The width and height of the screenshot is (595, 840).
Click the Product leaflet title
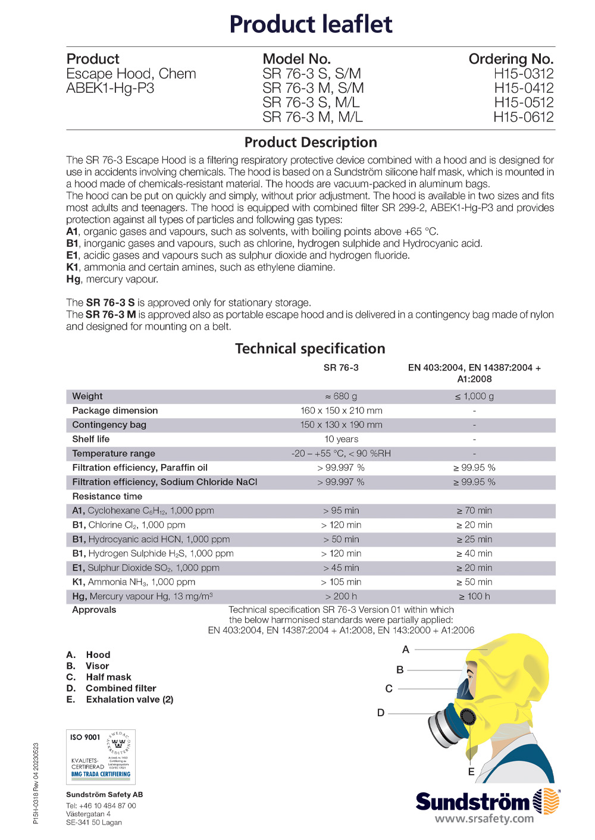pyautogui.click(x=311, y=24)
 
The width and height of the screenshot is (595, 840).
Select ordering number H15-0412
pyautogui.click(x=524, y=88)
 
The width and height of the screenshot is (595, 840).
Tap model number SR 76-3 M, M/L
pyautogui.click(x=312, y=117)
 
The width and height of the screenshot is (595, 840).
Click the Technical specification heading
pyautogui.click(x=310, y=349)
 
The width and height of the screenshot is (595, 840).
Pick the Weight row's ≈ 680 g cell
pyautogui.click(x=341, y=396)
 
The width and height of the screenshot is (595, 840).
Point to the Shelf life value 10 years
pyautogui.click(x=341, y=439)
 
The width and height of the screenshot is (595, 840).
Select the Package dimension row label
pyautogui.click(x=115, y=410)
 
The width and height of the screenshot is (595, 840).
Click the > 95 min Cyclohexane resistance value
pyautogui.click(x=341, y=510)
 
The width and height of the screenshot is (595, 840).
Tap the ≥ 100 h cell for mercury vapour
pyautogui.click(x=474, y=596)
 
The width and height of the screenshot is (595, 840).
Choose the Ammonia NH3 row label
pyautogui.click(x=134, y=582)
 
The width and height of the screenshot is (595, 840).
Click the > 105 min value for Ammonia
pyautogui.click(x=341, y=582)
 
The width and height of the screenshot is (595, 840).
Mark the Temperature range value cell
pyautogui.click(x=341, y=453)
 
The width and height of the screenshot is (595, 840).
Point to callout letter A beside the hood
pyautogui.click(x=406, y=650)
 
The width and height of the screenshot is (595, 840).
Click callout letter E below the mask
pyautogui.click(x=471, y=772)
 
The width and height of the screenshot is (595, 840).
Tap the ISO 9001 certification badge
pyautogui.click(x=101, y=757)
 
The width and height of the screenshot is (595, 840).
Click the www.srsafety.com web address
pyautogui.click(x=484, y=819)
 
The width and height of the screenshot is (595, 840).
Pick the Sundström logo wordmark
pyautogui.click(x=472, y=802)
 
